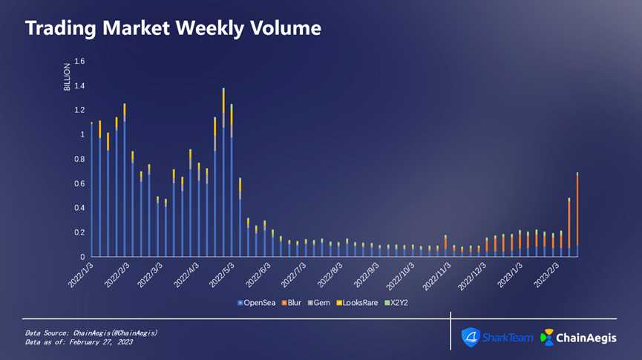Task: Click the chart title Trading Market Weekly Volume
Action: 173,28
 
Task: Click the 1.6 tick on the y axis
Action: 79,61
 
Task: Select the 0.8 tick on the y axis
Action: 79,159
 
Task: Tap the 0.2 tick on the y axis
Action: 79,232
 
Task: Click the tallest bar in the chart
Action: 223,178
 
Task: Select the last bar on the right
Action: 577,215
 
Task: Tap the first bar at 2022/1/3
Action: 91,190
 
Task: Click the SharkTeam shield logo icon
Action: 471,337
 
